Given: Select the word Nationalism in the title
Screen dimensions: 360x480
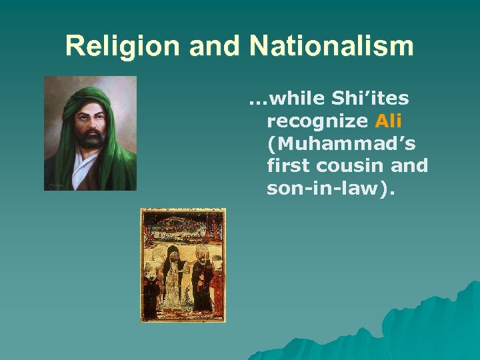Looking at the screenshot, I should [x=331, y=46].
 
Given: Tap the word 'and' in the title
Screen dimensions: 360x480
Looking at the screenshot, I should [x=215, y=46].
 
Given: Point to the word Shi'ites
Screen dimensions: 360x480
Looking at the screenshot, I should [x=367, y=99].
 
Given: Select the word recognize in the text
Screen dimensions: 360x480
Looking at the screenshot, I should [x=317, y=121].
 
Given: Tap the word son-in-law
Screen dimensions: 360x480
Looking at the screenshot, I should [x=331, y=189].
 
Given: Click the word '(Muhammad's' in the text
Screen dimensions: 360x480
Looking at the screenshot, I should [x=337, y=144].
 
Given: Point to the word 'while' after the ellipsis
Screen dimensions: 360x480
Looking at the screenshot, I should [x=296, y=99].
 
